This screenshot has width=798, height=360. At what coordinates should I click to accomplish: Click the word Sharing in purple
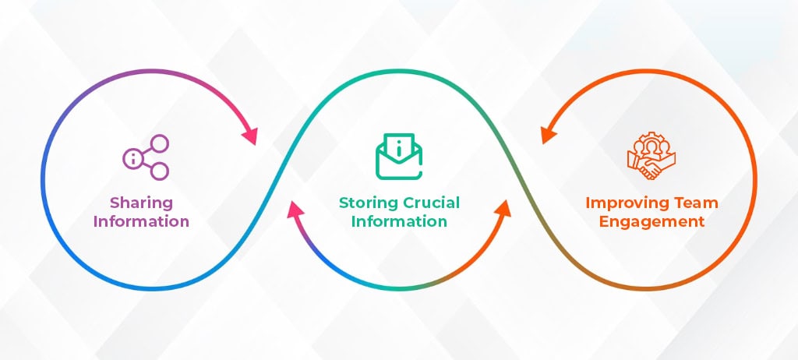142,203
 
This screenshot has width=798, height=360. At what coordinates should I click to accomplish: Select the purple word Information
142,221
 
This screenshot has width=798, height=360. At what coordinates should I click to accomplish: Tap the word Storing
369,203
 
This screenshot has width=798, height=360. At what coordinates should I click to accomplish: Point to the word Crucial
431,203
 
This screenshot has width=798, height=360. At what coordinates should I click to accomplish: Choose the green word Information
399,221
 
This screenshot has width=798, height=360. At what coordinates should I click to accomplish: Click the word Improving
625,203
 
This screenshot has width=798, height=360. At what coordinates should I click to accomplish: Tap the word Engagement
651,222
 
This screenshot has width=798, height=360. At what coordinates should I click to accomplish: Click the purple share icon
146,157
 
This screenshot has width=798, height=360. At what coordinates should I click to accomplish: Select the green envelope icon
399,156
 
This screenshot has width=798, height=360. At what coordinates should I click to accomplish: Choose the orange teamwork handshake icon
651,156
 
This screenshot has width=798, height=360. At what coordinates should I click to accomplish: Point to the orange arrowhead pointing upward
503,210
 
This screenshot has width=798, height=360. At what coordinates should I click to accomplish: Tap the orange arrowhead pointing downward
549,136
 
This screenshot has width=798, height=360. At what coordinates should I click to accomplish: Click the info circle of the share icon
132,158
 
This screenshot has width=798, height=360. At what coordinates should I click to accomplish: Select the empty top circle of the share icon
160,143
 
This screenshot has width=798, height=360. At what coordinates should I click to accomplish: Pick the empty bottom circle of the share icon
160,171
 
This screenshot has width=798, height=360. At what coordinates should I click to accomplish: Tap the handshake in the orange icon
649,168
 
